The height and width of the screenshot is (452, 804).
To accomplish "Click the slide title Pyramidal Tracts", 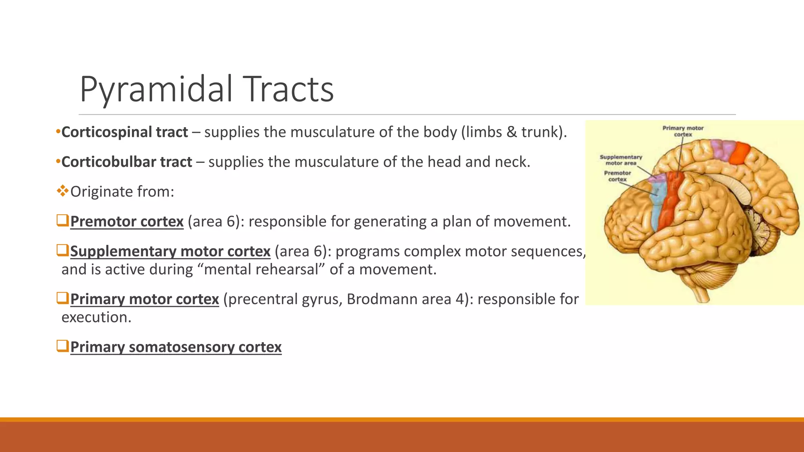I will [x=206, y=89].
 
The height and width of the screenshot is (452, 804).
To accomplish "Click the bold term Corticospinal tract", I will [x=124, y=132].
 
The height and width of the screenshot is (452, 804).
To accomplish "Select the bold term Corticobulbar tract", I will [x=126, y=162].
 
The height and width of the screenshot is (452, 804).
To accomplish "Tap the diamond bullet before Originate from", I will [x=62, y=191].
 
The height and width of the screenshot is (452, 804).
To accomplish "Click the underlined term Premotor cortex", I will [x=127, y=222].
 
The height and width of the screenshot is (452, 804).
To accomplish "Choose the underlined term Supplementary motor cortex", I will [x=170, y=252].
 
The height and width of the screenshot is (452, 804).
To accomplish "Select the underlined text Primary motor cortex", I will [x=144, y=299].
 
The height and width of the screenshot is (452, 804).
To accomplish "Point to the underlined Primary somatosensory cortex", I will [x=176, y=347].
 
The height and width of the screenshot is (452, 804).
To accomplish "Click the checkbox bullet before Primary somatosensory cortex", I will [x=62, y=346].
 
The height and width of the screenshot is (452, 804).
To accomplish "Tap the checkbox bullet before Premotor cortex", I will [x=62, y=221].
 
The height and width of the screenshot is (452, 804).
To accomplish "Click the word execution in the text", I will [x=96, y=317].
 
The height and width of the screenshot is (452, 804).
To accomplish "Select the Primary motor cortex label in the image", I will [x=683, y=131].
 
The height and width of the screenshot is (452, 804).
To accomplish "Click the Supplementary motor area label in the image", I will [x=621, y=160].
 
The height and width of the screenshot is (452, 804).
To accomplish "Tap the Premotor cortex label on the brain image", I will [x=618, y=176].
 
